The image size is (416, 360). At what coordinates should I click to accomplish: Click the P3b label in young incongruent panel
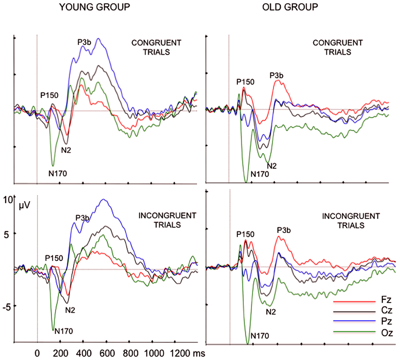[x=82, y=217]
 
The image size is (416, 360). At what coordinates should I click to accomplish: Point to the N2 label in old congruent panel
[x=271, y=166]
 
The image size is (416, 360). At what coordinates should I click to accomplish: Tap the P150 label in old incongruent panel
[x=245, y=233]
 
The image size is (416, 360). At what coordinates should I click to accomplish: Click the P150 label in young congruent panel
[x=49, y=95]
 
